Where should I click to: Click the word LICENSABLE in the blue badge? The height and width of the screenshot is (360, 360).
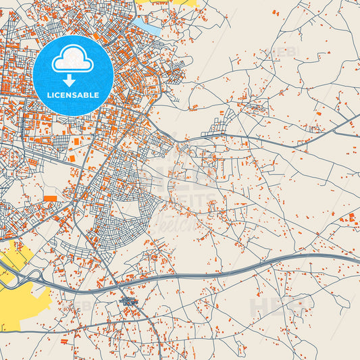[x=73, y=95]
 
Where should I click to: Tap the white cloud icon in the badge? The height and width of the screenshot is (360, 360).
[x=73, y=59]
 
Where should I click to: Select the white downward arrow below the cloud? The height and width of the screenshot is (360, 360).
[x=73, y=78]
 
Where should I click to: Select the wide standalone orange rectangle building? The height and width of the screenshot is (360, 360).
[x=51, y=198]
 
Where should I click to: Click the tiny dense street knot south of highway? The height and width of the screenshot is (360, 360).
[x=128, y=301]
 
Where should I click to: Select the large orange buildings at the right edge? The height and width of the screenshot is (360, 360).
[x=350, y=218]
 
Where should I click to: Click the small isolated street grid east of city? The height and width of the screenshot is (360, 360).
[x=220, y=124]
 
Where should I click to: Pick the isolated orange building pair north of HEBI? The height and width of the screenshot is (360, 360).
[x=276, y=13]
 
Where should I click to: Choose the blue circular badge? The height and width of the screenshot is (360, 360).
[x=73, y=74]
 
